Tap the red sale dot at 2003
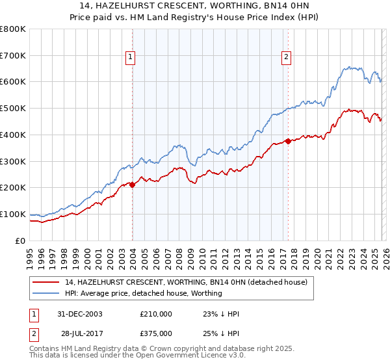coord(133,185)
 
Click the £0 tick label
coord(19,240)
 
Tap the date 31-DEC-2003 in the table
coord(81,314)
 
